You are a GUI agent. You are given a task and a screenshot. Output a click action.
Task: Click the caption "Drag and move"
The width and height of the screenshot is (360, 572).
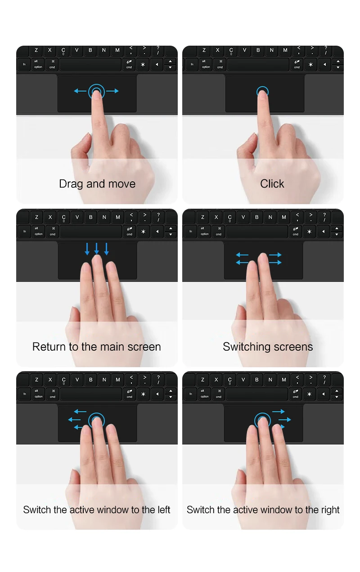(x=97, y=184)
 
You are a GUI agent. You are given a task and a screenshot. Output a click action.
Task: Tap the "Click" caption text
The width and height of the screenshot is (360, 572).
(x=272, y=184)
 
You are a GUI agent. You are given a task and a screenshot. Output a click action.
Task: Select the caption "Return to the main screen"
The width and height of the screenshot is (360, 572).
(x=97, y=347)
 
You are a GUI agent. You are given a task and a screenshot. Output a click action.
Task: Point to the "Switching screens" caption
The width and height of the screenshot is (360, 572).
(x=268, y=347)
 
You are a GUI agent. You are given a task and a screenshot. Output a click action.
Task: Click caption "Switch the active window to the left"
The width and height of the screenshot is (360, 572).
(x=97, y=509)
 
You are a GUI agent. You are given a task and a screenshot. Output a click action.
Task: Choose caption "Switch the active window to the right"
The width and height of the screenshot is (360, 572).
(x=263, y=509)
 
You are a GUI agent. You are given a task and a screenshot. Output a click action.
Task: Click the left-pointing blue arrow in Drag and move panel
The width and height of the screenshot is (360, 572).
(x=80, y=91)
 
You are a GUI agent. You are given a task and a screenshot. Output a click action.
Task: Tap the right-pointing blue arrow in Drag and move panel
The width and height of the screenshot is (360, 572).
(x=112, y=91)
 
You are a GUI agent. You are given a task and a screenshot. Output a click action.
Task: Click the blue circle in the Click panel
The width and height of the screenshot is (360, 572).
(x=262, y=87)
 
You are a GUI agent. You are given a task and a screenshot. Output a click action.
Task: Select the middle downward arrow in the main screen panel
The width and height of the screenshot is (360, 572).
(x=97, y=249)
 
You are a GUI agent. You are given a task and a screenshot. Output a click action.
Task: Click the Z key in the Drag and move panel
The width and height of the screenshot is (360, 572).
(x=36, y=50)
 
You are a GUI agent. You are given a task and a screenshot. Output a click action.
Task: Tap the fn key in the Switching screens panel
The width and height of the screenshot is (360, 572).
(x=191, y=231)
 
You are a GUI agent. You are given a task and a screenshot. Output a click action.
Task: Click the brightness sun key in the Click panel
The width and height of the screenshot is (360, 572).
(x=310, y=64)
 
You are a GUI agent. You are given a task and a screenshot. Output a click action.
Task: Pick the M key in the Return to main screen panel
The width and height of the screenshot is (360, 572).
(x=118, y=217)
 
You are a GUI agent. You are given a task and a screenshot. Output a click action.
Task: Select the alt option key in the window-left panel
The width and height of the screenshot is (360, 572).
(x=39, y=394)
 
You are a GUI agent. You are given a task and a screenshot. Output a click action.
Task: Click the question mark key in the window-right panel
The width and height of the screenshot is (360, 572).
(x=324, y=380)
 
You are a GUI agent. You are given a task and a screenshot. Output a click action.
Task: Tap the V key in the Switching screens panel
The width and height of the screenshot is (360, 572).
(x=243, y=217)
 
